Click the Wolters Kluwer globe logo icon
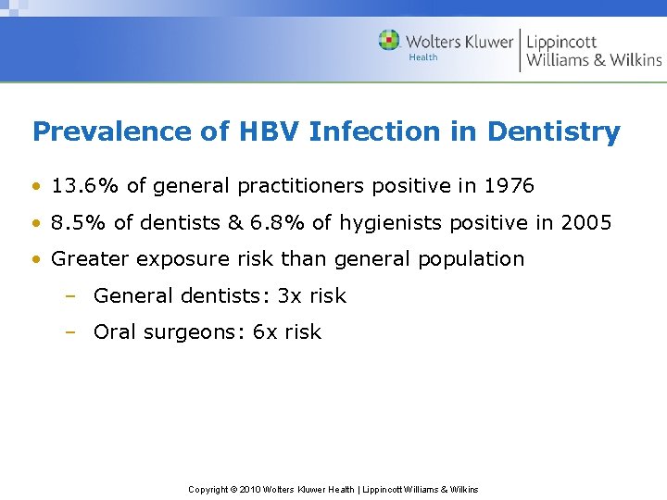click(x=389, y=40)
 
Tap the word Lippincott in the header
click(x=561, y=41)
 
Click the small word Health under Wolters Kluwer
click(x=423, y=57)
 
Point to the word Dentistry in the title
click(x=553, y=131)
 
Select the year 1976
click(x=509, y=185)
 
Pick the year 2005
click(x=585, y=222)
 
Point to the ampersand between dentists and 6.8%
click(x=234, y=222)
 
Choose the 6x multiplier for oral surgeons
click(x=265, y=332)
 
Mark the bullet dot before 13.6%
click(x=36, y=186)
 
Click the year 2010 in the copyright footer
click(x=250, y=489)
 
